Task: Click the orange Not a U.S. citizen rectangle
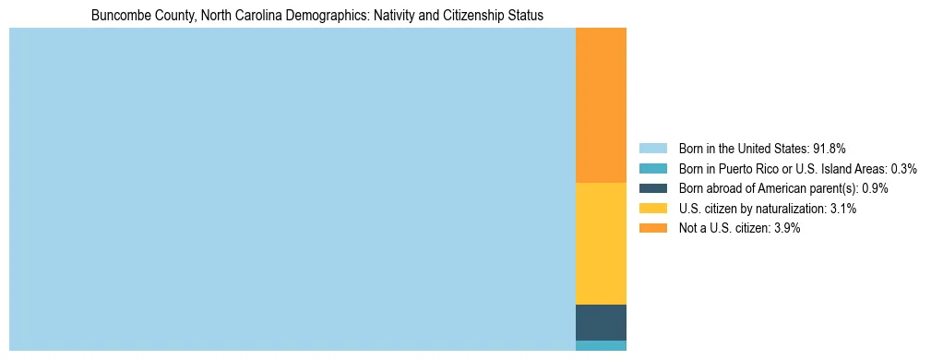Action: point(601,105)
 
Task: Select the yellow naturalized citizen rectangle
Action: point(601,244)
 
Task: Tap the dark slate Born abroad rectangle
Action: point(601,322)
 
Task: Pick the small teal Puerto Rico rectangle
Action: point(601,345)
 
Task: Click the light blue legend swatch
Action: point(652,148)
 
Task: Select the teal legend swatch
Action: point(652,168)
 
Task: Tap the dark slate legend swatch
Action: point(652,188)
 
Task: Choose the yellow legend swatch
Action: point(652,209)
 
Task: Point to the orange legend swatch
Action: point(652,228)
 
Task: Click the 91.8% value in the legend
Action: point(830,148)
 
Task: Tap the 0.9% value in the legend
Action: point(875,188)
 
